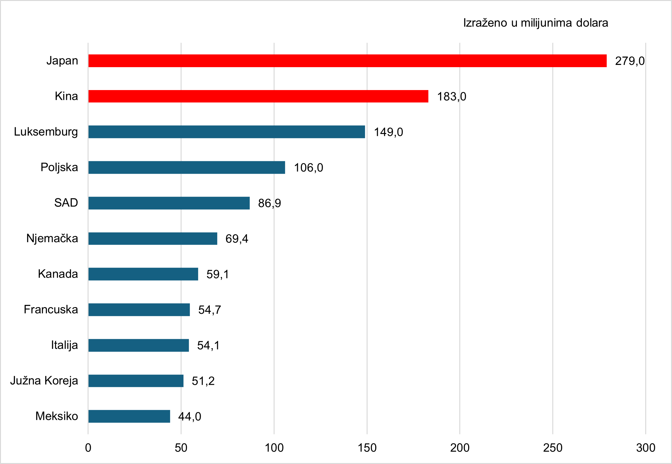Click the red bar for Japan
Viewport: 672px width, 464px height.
click(347, 61)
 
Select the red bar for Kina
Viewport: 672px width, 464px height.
click(258, 96)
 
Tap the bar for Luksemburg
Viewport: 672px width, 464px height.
click(226, 132)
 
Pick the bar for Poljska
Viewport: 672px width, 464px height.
click(187, 167)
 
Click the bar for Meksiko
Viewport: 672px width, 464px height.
click(129, 416)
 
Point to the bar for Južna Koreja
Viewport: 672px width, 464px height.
click(136, 381)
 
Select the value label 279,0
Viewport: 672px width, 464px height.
click(630, 61)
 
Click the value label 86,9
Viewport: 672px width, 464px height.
click(269, 203)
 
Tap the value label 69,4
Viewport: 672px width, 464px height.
click(237, 239)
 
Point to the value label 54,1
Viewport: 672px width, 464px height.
click(208, 345)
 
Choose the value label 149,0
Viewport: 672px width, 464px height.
click(388, 132)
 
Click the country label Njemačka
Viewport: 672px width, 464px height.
click(52, 238)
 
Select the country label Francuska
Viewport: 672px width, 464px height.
click(51, 309)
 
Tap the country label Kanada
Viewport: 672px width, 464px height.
click(58, 274)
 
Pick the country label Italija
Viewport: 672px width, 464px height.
click(64, 345)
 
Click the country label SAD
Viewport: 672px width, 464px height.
click(66, 203)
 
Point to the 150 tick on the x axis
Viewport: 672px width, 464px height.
click(367, 448)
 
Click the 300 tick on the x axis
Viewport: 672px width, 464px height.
click(646, 448)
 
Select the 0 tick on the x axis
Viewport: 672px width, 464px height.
click(88, 448)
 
